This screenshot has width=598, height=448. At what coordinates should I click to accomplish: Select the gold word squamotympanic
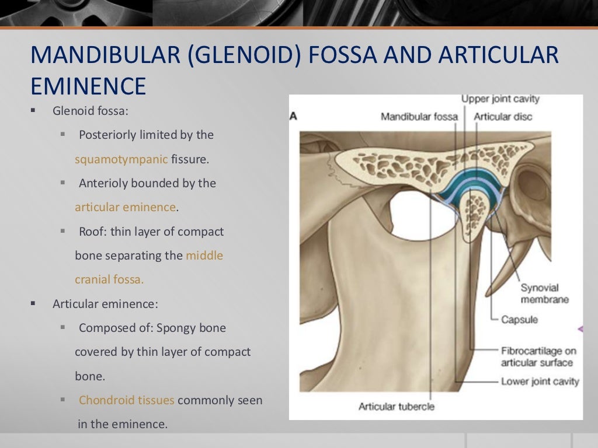tap(121, 159)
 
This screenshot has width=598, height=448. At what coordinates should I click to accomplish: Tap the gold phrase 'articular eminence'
tap(125, 207)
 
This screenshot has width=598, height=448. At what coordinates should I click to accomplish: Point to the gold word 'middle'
tap(204, 256)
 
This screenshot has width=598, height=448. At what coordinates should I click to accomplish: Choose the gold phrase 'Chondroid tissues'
tap(127, 400)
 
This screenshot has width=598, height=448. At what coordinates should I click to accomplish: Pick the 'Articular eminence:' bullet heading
tap(105, 304)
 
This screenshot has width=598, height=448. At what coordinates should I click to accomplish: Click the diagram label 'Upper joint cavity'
tap(500, 99)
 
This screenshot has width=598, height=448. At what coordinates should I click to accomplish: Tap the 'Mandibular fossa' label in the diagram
tap(419, 117)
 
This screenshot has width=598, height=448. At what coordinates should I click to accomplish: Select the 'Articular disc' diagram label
tap(503, 117)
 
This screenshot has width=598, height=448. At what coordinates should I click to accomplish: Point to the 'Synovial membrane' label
tap(540, 293)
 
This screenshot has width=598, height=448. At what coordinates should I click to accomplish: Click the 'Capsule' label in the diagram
tap(520, 320)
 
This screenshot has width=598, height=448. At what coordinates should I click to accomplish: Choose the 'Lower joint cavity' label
tap(540, 381)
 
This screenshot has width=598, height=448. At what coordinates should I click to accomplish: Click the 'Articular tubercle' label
tap(397, 406)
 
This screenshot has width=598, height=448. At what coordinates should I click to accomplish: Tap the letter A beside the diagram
tap(294, 117)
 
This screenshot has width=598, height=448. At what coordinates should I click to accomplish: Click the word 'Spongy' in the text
tap(175, 328)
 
